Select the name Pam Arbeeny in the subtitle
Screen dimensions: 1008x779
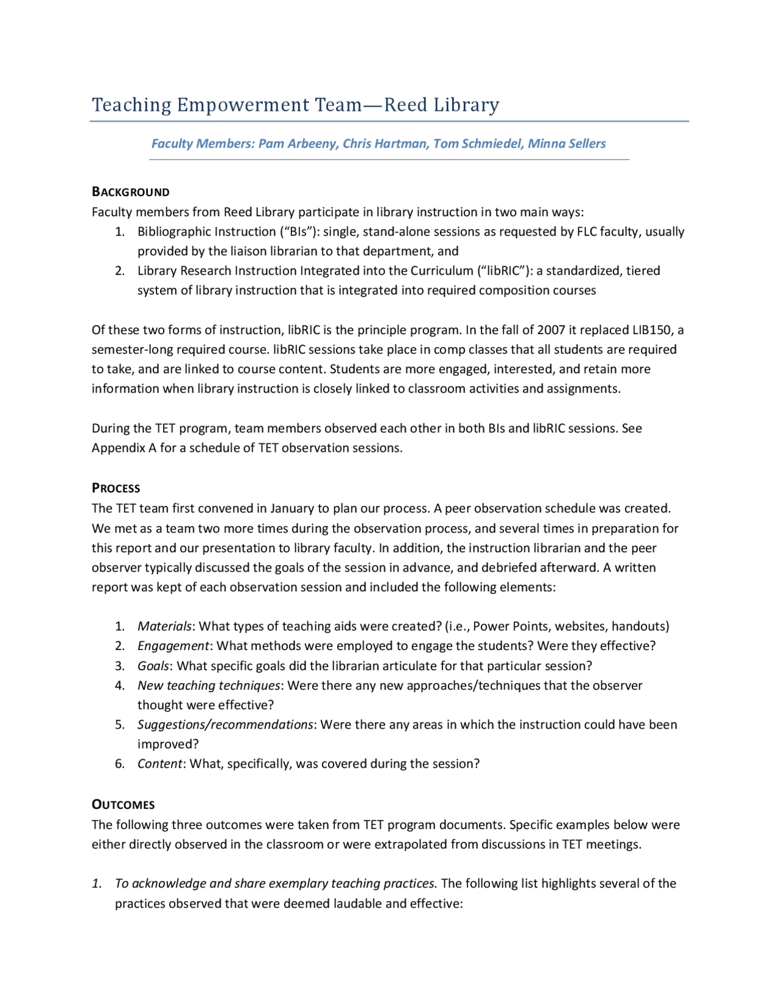tap(298, 144)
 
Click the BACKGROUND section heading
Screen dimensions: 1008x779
tap(130, 192)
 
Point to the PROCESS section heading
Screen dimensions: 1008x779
tap(116, 488)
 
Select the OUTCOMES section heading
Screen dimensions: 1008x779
tap(123, 805)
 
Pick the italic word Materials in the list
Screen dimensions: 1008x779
tap(164, 626)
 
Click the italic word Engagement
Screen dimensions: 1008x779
tap(173, 646)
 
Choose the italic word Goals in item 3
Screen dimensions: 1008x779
tap(153, 666)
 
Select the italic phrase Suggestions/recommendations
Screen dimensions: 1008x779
tap(225, 724)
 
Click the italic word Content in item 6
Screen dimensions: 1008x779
tap(159, 764)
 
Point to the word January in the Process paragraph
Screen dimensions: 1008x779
tap(293, 508)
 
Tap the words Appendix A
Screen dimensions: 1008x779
tap(124, 448)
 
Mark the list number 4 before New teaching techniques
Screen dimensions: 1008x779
tap(119, 685)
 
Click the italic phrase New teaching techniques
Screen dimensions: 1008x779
tap(209, 685)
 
